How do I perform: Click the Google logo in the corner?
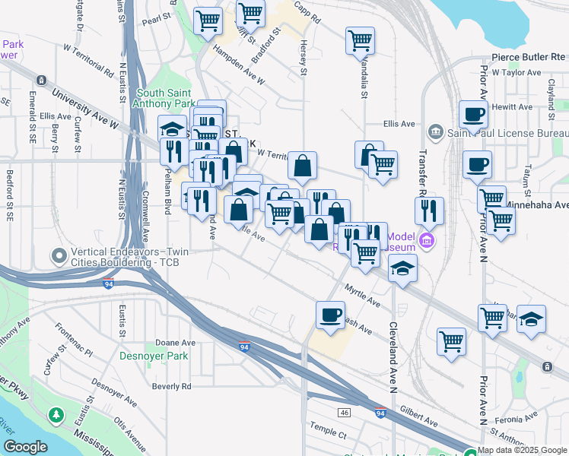pos(24,448)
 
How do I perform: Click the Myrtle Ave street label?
pos(362,297)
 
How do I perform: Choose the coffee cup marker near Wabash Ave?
pos(330,315)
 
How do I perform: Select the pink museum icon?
pos(427,241)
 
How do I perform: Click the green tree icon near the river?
pos(56,416)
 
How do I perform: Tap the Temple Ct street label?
pos(328,435)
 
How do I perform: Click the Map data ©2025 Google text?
pos(522,450)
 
